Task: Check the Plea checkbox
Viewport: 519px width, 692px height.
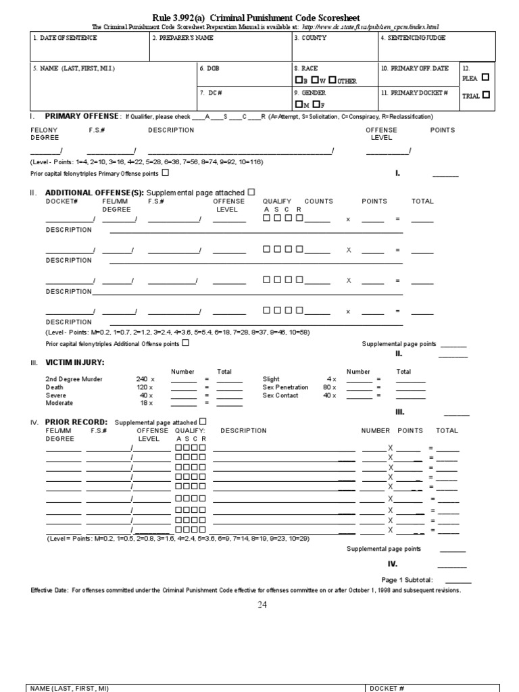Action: point(485,77)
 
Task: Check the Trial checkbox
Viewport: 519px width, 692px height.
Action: point(487,95)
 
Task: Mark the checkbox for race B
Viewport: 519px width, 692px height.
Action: point(298,80)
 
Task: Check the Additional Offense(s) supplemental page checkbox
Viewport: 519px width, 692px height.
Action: point(251,192)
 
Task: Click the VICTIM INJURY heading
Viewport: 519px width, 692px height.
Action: point(74,362)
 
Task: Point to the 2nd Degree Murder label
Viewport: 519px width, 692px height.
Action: point(74,379)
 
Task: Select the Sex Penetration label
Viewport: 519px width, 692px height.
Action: point(285,387)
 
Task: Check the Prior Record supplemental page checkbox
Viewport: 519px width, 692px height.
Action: point(203,422)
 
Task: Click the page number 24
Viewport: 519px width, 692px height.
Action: point(262,605)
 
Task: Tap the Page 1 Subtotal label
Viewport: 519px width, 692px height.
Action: point(407,580)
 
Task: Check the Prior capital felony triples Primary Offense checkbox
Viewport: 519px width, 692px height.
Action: point(166,173)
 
